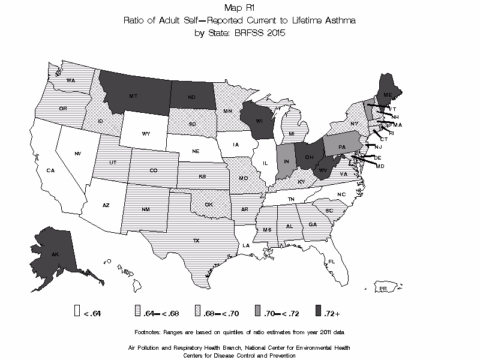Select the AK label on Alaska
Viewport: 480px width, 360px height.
(x=55, y=254)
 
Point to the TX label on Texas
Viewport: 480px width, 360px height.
(x=196, y=241)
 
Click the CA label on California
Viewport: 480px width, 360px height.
(x=51, y=170)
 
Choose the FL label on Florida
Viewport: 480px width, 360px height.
(x=331, y=261)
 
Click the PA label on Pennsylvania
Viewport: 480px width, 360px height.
(x=342, y=147)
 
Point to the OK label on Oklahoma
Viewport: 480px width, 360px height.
(x=208, y=204)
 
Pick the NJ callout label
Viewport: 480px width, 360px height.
(x=379, y=147)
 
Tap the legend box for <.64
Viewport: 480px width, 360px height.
(x=77, y=311)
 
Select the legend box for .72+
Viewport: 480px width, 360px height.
(x=317, y=311)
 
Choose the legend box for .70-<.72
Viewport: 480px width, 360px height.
(x=257, y=311)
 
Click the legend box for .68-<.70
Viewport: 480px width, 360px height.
(x=197, y=311)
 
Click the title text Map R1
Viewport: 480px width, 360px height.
(x=239, y=8)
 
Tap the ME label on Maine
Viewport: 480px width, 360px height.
(x=388, y=95)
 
